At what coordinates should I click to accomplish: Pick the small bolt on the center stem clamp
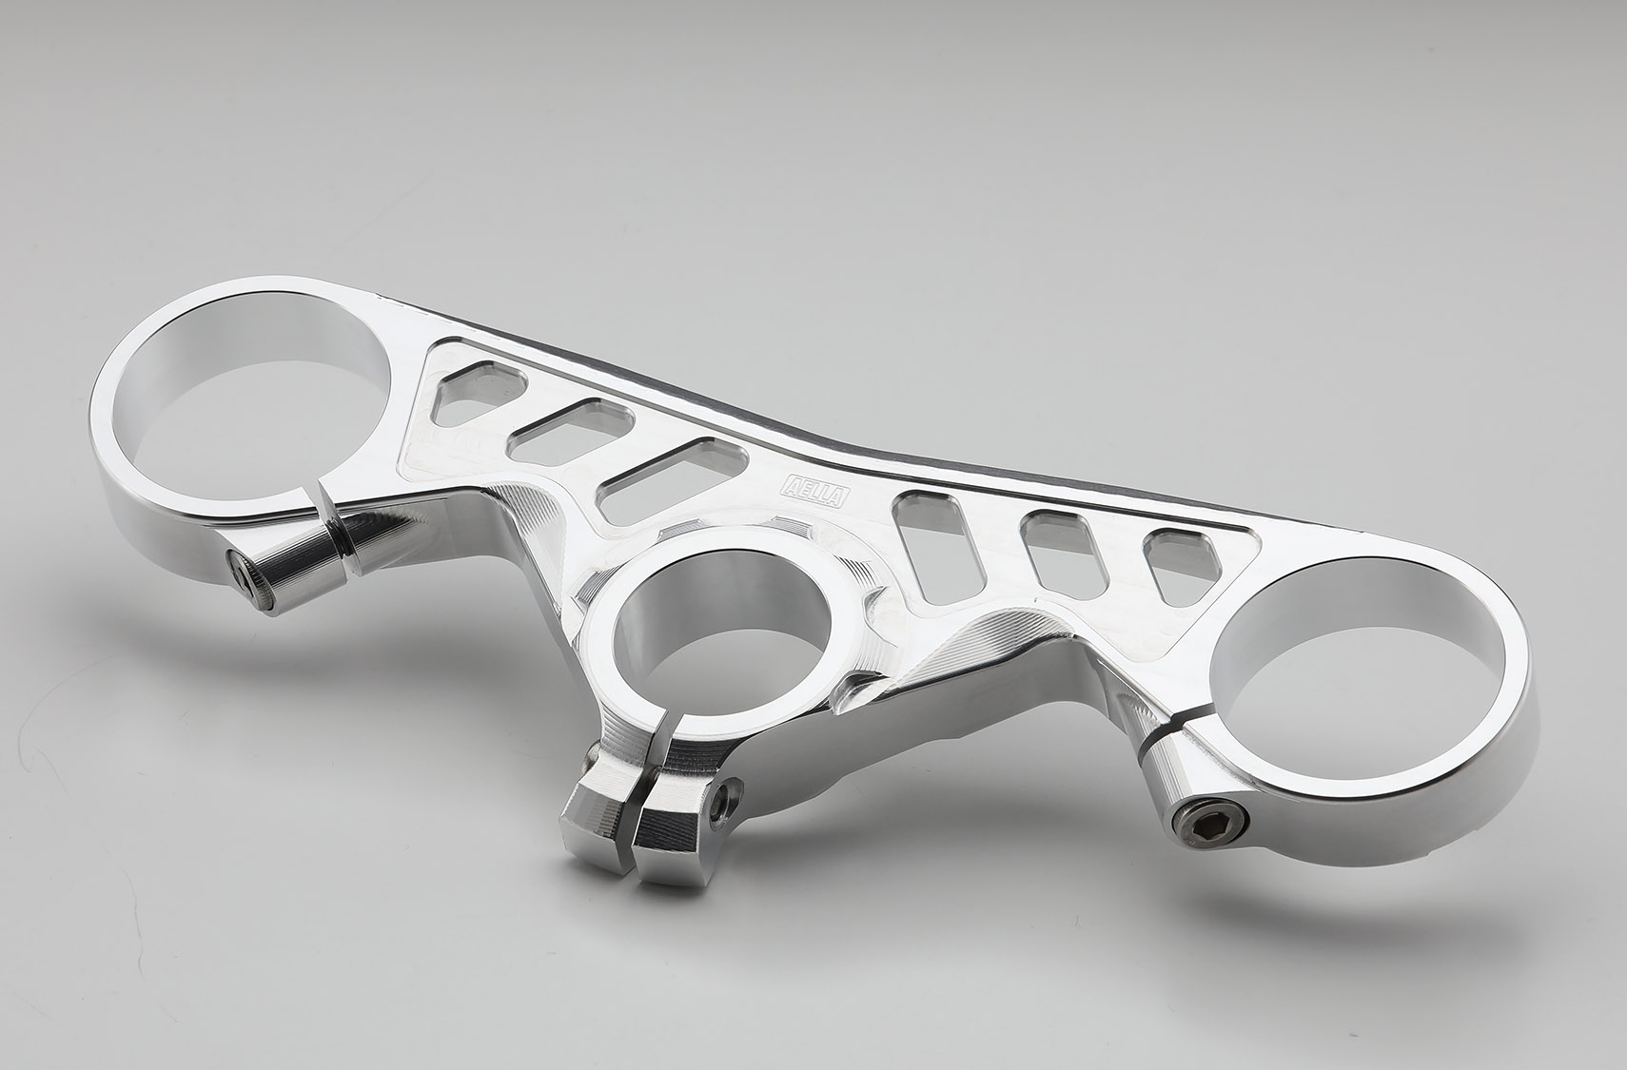tap(724, 800)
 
